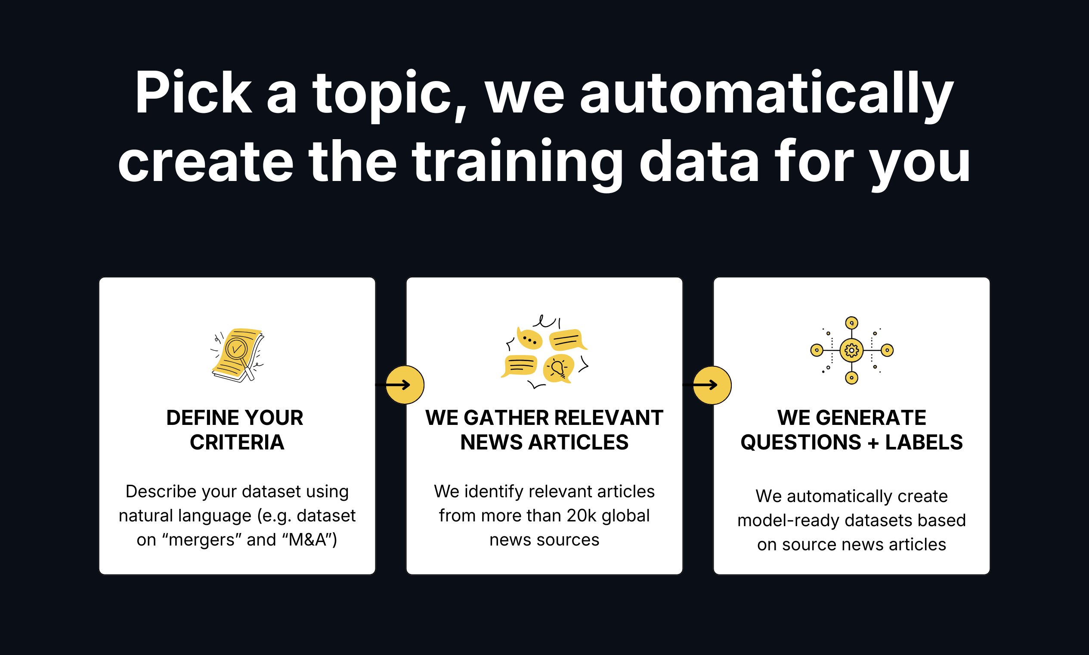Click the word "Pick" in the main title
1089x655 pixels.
coord(193,94)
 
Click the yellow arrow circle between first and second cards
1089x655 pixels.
coord(405,385)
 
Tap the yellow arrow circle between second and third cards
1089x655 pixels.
coord(712,385)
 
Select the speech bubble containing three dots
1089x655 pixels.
coord(529,340)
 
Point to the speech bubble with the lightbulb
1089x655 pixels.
coord(558,368)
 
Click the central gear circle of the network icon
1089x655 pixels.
coord(851,350)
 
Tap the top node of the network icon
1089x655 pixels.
coord(851,323)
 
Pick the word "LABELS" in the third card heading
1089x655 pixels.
coord(924,442)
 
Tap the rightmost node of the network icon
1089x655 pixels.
coord(887,350)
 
